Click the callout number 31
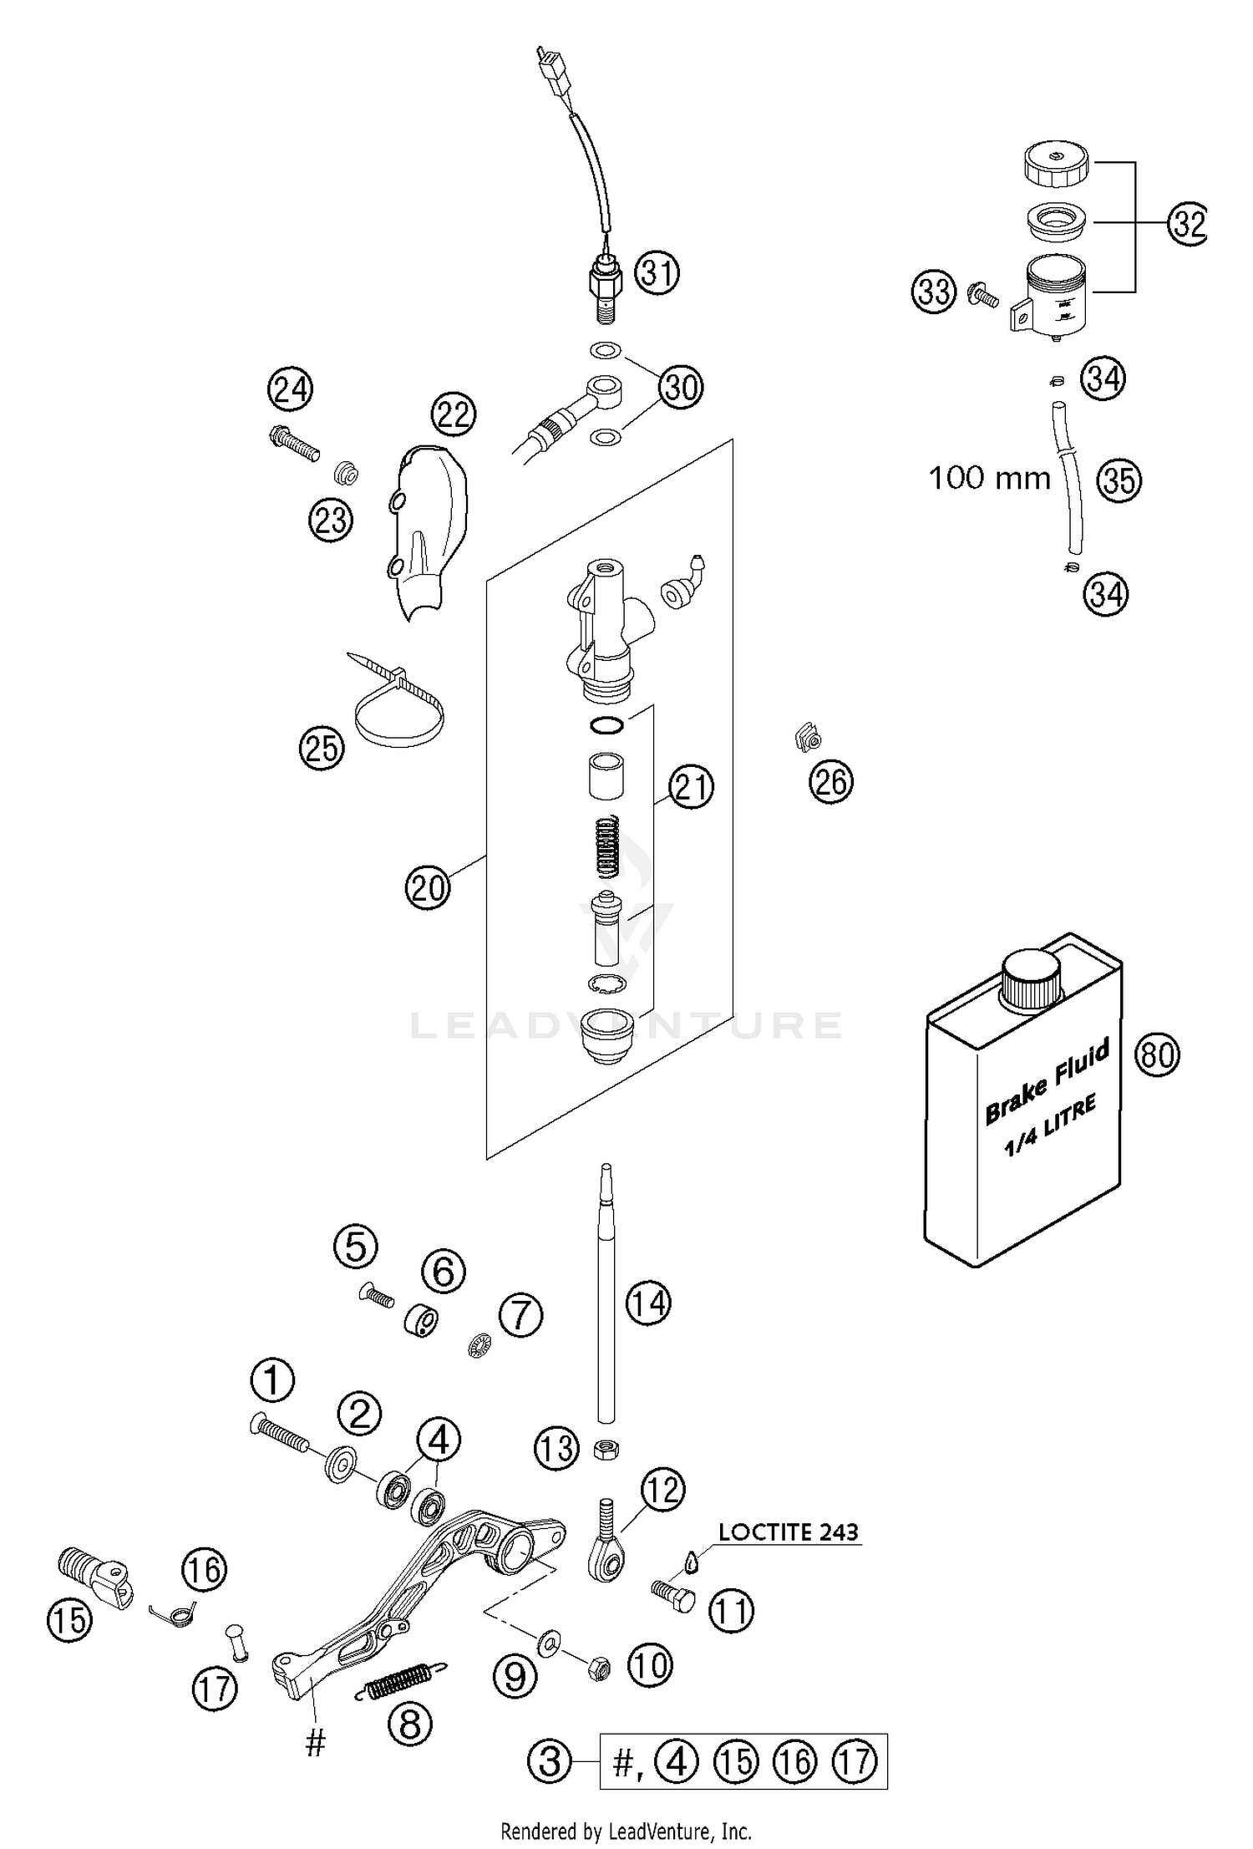[657, 273]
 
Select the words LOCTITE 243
[788, 1532]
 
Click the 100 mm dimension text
[989, 479]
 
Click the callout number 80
[1157, 1054]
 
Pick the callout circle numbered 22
[454, 414]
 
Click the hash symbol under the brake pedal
[315, 1744]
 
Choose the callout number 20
[427, 887]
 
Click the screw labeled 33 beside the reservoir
[983, 295]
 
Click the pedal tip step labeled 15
[93, 1572]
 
